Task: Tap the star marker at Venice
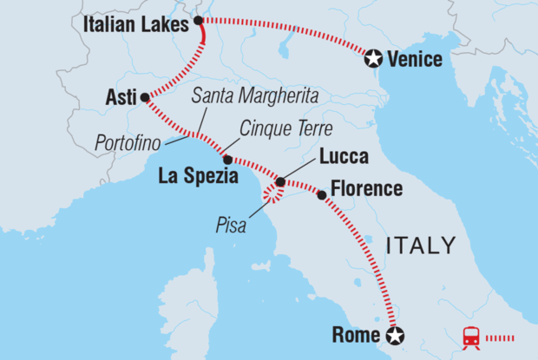(x=373, y=58)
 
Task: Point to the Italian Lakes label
(x=136, y=27)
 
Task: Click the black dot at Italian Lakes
(x=199, y=20)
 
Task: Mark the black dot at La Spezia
(x=227, y=160)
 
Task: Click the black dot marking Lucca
(x=279, y=182)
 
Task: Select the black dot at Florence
(x=322, y=195)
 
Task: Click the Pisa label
(x=231, y=228)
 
